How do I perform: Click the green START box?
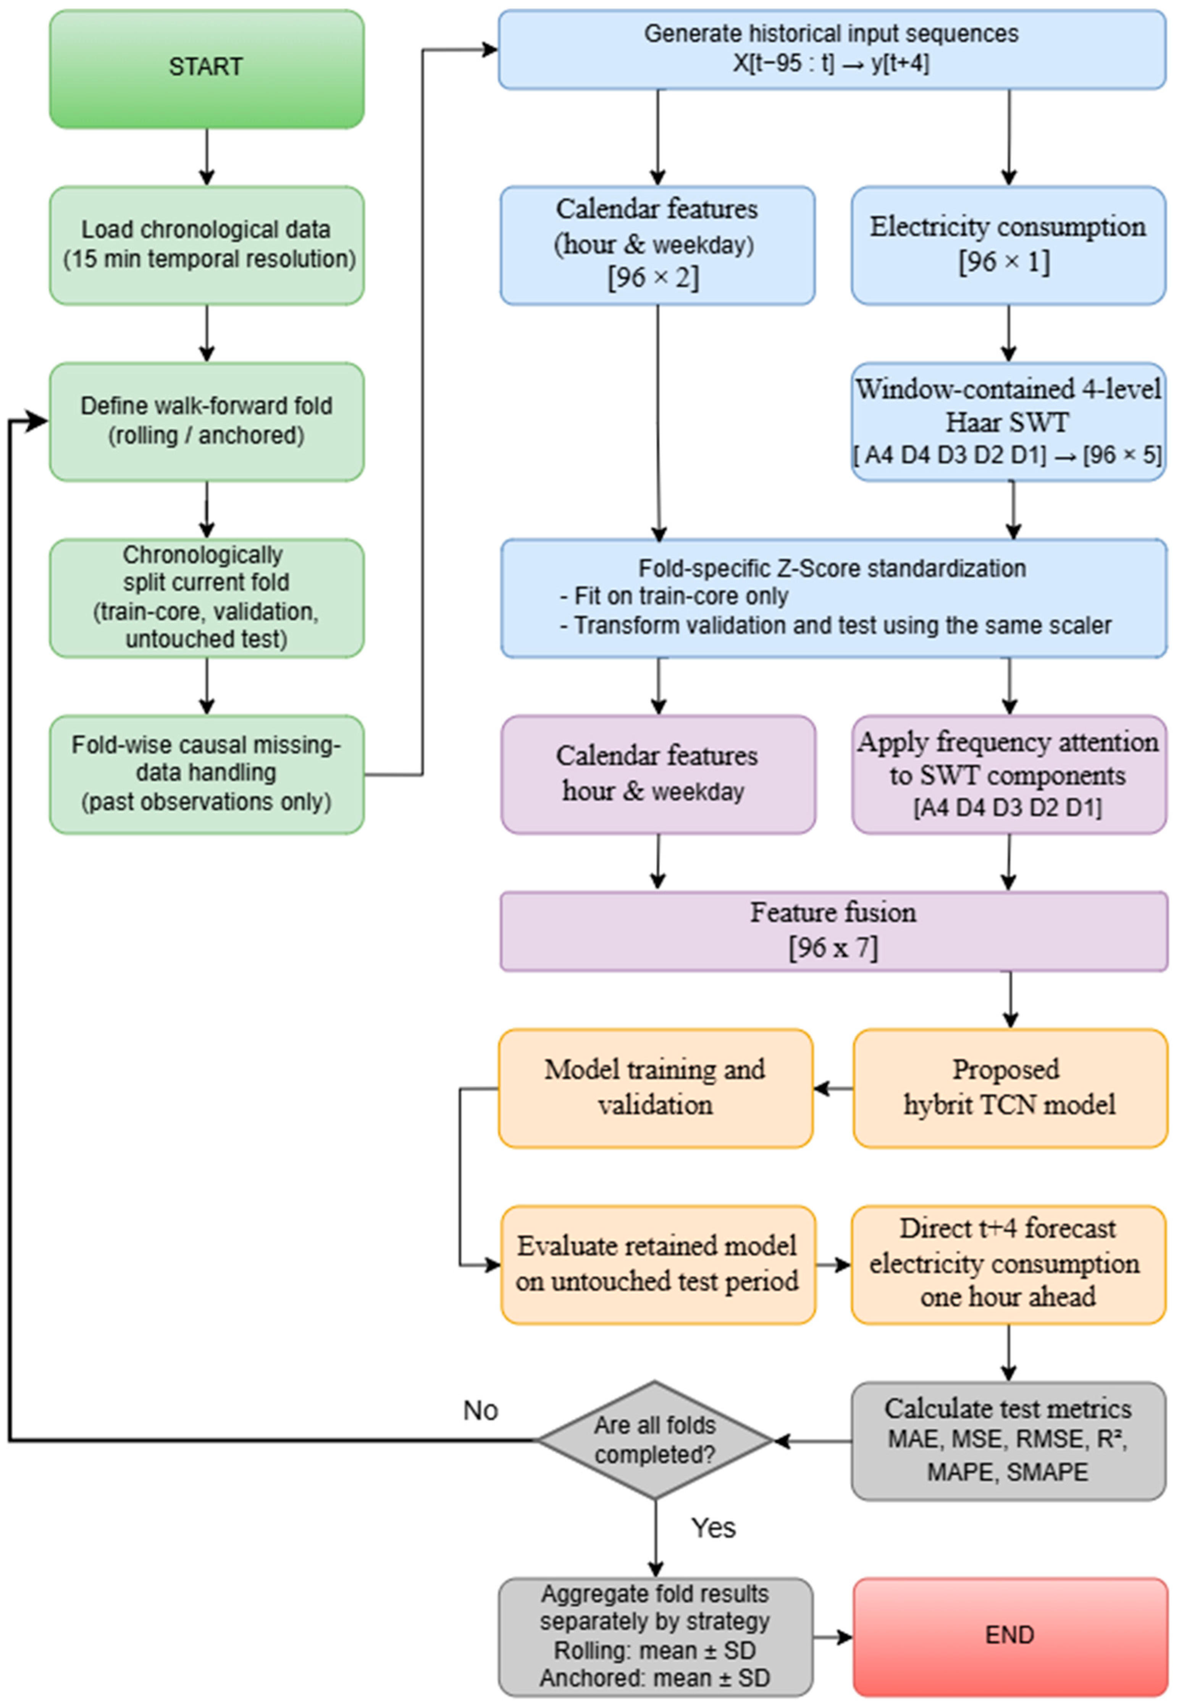(x=207, y=69)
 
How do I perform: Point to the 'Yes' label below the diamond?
(x=713, y=1527)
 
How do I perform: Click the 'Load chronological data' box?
(x=207, y=245)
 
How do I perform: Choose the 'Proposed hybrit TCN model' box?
(x=1010, y=1088)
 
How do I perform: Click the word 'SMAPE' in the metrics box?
(x=1048, y=1472)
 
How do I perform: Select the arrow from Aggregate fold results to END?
(x=833, y=1637)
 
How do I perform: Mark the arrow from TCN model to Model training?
(x=833, y=1088)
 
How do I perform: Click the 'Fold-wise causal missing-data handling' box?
(x=207, y=774)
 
